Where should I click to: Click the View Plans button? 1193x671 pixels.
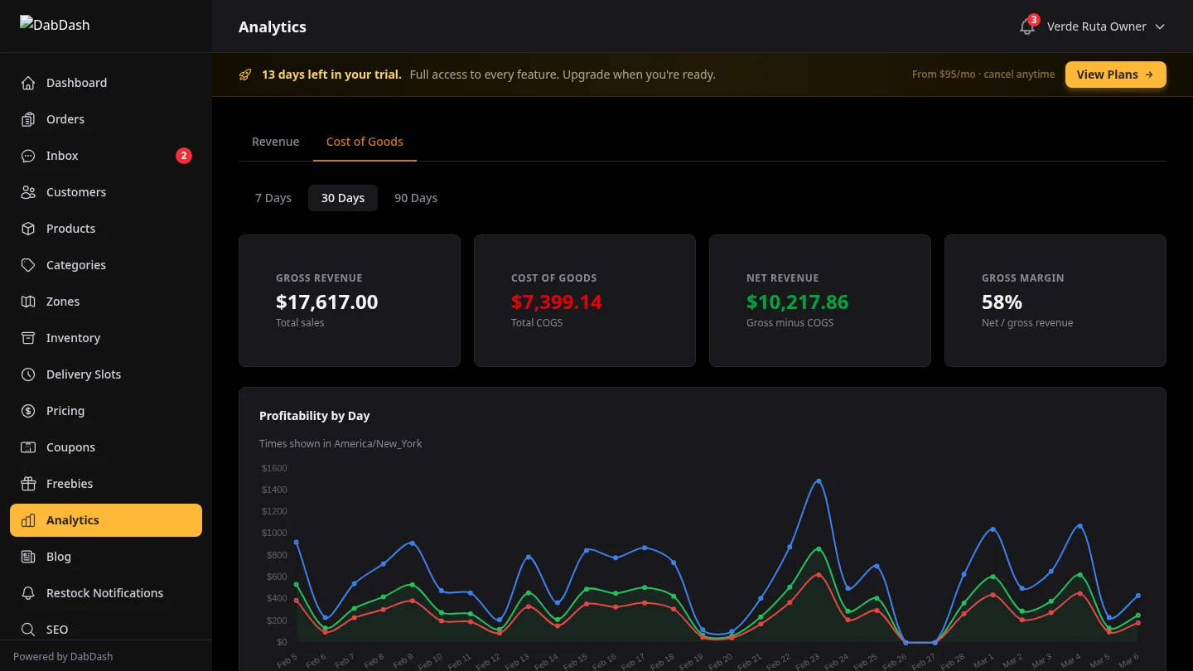point(1115,75)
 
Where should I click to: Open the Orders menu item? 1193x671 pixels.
point(65,119)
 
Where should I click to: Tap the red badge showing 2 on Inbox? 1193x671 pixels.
point(184,156)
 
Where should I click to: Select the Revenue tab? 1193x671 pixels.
point(275,142)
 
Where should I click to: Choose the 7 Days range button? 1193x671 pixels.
point(273,198)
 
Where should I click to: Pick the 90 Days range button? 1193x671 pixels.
point(416,198)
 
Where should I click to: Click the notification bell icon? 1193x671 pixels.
point(1026,27)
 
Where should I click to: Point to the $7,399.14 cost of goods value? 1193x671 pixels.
point(556,302)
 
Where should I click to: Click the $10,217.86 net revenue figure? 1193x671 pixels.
point(797,302)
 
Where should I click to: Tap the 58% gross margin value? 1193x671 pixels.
point(1002,302)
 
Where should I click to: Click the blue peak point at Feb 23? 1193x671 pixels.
point(819,481)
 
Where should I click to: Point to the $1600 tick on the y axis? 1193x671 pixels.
point(274,468)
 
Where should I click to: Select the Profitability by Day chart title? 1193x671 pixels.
point(314,416)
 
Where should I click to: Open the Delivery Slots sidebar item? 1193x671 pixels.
point(84,374)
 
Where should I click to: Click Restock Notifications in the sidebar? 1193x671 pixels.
point(104,593)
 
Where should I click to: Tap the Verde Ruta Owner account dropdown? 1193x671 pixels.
point(1105,27)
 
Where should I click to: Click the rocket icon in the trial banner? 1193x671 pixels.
point(245,75)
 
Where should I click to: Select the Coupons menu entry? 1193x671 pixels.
point(70,447)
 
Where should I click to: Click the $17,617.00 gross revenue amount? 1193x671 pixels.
point(326,302)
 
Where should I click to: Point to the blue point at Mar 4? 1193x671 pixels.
point(1079,526)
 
